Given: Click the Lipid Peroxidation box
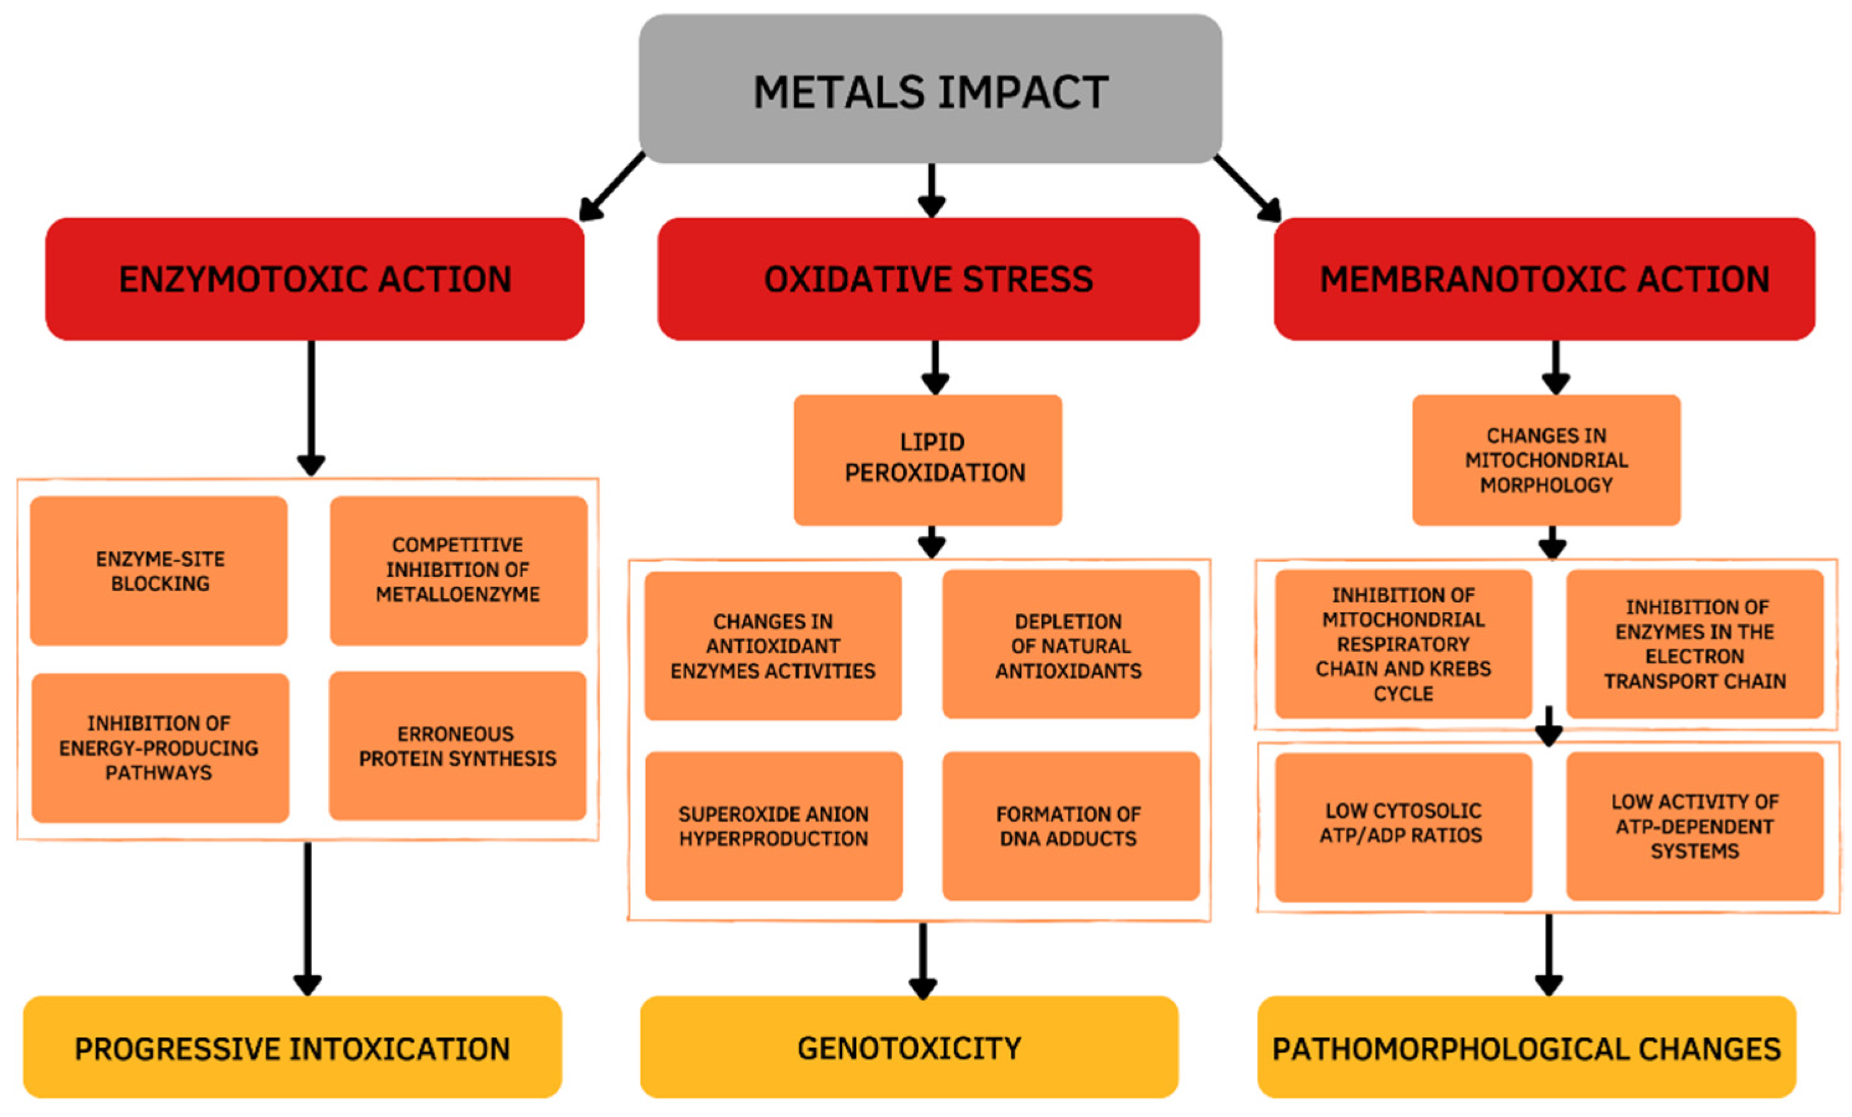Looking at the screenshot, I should pos(927,459).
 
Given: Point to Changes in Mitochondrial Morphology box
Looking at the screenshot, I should pos(1546,459).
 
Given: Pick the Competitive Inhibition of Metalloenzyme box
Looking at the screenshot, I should pos(459,570).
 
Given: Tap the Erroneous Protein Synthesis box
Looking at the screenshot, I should pos(457,746).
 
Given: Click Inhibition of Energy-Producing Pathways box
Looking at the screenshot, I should pos(160,747).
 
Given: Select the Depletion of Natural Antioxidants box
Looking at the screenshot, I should pos(1071,644).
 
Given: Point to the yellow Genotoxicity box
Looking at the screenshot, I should pos(909,1047).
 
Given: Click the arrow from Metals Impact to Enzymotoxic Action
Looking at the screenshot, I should pos(610,187).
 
